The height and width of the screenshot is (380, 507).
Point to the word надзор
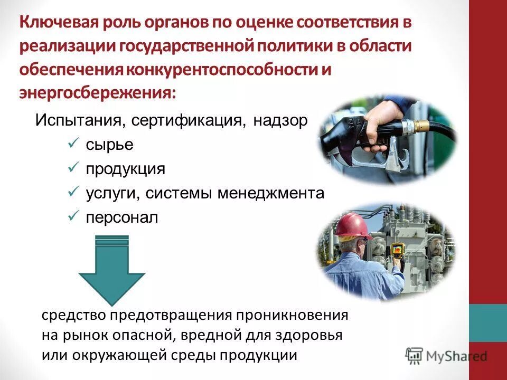click(280, 120)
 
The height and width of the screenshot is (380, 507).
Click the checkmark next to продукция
click(74, 168)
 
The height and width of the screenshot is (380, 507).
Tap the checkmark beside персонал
click(74, 217)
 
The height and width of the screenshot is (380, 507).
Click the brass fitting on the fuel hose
click(421, 126)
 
